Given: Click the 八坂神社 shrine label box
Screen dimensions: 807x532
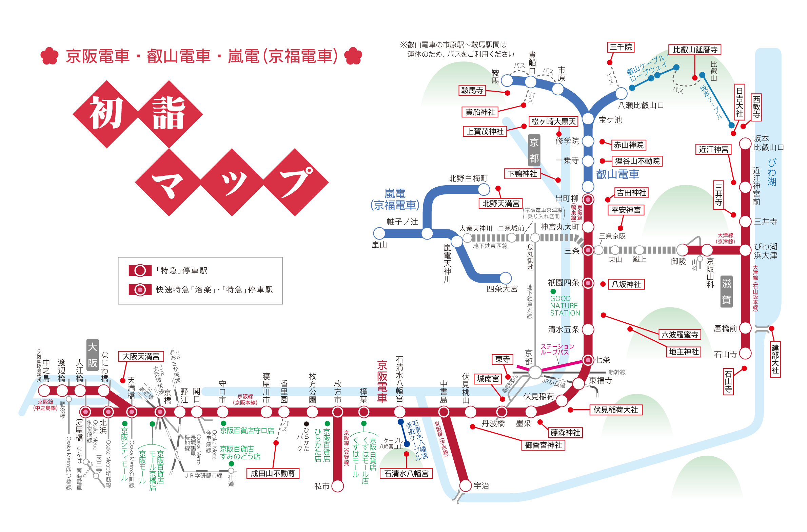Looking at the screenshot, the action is point(626,284).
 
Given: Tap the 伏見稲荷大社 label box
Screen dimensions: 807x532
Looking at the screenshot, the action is point(616,410).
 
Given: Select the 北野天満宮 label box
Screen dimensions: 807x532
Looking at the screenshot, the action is point(501,204).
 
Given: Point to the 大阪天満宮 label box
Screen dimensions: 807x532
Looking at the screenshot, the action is point(141,356).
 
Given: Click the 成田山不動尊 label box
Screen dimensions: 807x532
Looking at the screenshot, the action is point(273,473).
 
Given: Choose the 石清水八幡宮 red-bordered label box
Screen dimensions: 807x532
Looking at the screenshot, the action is point(407,473).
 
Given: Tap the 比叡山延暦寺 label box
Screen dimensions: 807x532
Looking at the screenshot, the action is point(695,50).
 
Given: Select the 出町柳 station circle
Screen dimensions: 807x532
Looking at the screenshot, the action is point(588,199).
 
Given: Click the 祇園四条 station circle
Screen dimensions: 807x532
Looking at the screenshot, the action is point(588,283).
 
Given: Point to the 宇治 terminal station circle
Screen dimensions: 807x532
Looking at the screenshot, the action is point(466,486).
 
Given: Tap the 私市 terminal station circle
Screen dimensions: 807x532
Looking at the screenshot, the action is point(338,486).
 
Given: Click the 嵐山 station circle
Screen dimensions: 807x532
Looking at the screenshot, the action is point(379,233).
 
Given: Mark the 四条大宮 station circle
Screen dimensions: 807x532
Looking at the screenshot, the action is point(506,278).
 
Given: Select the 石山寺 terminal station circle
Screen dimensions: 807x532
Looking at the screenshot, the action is point(745,353).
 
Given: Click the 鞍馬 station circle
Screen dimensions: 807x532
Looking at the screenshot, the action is point(507,80).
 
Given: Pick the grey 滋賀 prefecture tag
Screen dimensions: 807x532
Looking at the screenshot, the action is point(726,291).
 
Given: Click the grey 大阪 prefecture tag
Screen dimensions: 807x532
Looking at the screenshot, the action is point(93,355).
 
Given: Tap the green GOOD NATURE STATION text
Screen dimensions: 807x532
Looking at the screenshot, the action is point(565,306).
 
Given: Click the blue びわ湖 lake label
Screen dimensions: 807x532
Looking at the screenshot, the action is point(772,172).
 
